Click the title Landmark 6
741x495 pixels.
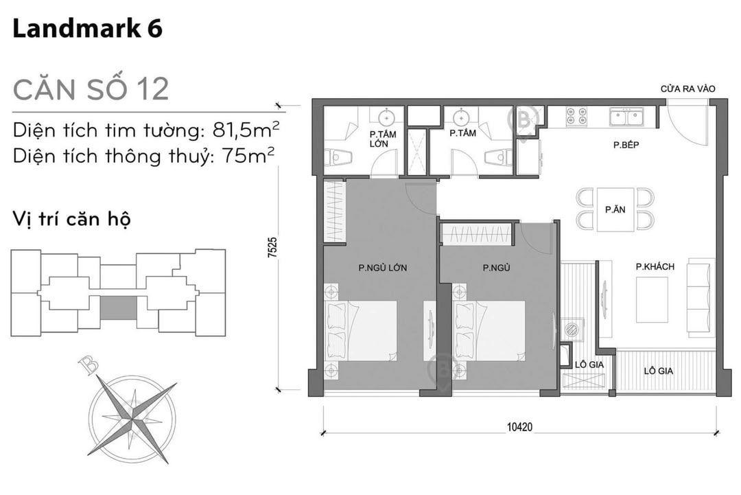click(x=87, y=30)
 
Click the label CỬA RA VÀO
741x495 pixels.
click(x=687, y=89)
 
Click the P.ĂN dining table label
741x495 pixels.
click(x=614, y=210)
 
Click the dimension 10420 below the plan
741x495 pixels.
click(x=519, y=426)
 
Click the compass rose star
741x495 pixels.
click(x=131, y=413)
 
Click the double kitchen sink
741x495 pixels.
click(x=626, y=117)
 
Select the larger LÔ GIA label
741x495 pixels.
click(x=658, y=371)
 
